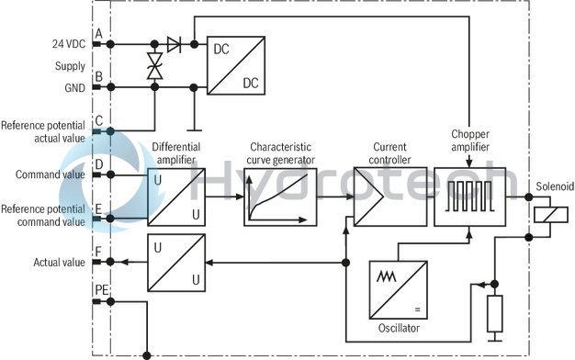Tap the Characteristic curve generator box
[276, 196]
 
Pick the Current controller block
[377, 196]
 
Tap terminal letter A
[97, 32]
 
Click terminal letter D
[97, 164]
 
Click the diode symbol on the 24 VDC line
[175, 42]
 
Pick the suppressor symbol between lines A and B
[155, 65]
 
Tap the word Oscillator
[398, 328]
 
